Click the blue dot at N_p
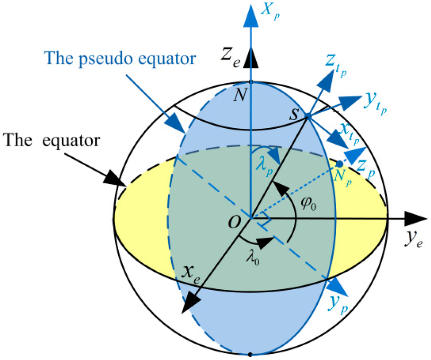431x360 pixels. (339, 163)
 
